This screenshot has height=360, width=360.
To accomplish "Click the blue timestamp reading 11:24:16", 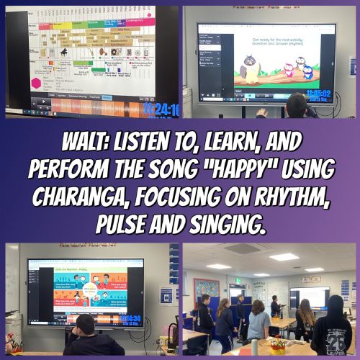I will click(x=161, y=109).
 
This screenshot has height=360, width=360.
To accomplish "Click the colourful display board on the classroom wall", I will click(x=206, y=291).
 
